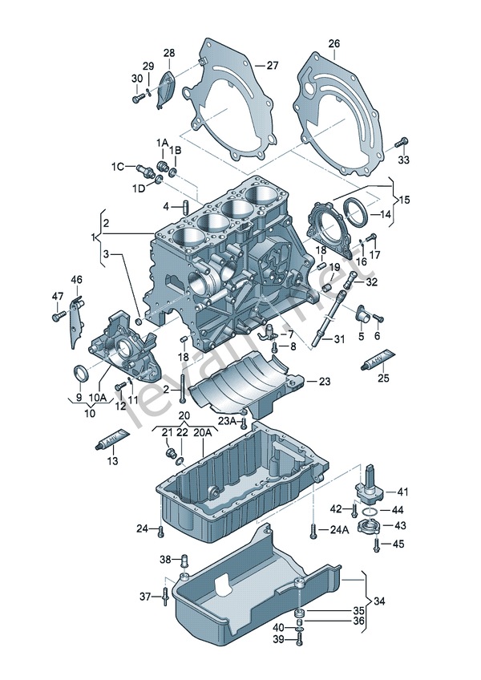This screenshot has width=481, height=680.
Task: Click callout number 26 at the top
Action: coord(333,43)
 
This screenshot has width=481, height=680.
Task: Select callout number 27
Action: coord(273,66)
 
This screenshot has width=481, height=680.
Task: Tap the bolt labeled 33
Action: coord(402,144)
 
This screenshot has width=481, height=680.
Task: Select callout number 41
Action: coord(402,492)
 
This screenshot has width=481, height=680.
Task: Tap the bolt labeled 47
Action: coord(57,317)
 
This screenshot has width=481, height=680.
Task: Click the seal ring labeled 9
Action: coord(80,374)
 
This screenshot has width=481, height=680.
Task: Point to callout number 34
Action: coord(379,601)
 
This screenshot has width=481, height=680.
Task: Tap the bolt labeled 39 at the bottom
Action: coord(300,639)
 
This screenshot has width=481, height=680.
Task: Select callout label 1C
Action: coord(118,167)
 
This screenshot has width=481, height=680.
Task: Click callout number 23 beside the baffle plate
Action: coord(324,382)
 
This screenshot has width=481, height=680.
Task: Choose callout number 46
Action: coord(76,279)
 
